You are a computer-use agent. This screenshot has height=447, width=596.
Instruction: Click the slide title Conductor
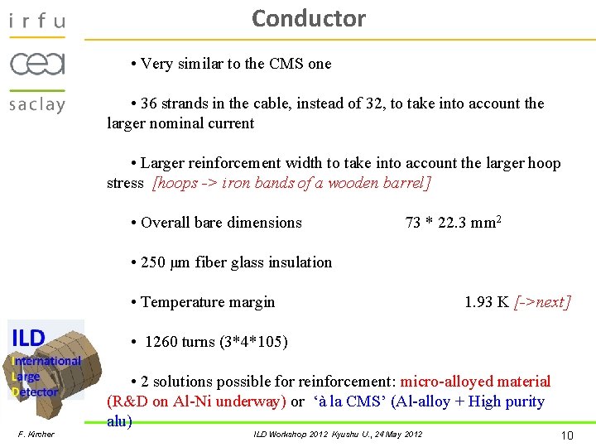pyautogui.click(x=308, y=18)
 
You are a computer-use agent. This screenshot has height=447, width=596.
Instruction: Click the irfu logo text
pyautogui.click(x=36, y=21)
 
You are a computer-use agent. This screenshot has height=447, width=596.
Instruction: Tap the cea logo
pyautogui.click(x=37, y=64)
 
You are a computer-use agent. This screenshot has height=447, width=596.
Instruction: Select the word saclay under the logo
pyautogui.click(x=37, y=104)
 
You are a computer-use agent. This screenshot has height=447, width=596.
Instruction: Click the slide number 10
pyautogui.click(x=567, y=435)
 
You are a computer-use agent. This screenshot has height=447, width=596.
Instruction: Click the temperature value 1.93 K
pyautogui.click(x=487, y=302)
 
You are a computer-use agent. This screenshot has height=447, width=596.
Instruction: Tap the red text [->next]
pyautogui.click(x=542, y=302)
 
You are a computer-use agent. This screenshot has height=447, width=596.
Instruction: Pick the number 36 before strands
pyautogui.click(x=149, y=103)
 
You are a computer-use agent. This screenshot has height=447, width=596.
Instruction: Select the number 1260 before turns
pyautogui.click(x=163, y=342)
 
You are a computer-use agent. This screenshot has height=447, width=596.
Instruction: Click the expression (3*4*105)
pyautogui.click(x=253, y=342)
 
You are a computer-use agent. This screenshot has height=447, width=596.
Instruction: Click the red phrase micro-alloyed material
pyautogui.click(x=475, y=382)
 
